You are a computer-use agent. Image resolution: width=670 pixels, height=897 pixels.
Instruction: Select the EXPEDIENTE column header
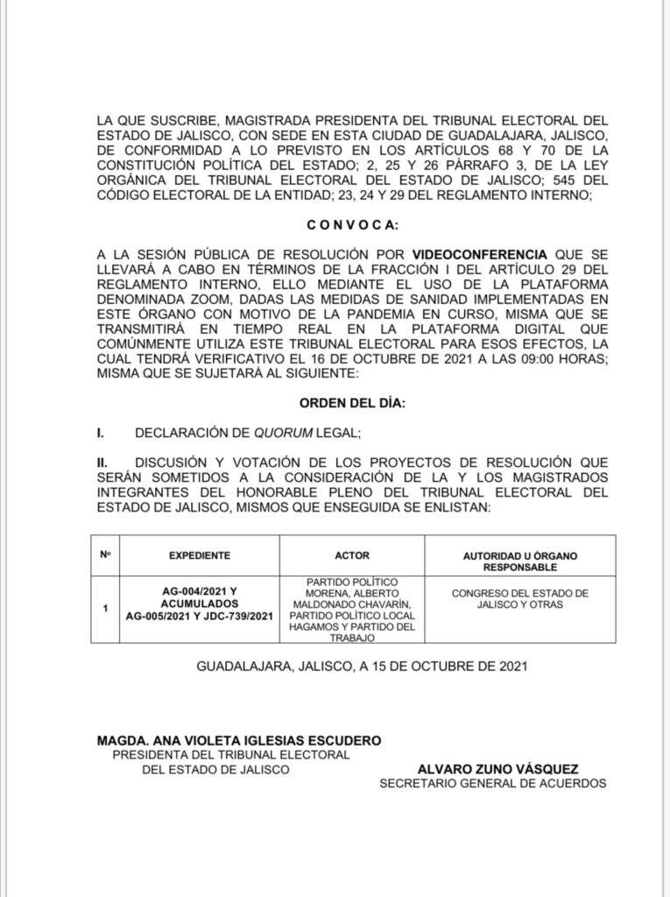199,555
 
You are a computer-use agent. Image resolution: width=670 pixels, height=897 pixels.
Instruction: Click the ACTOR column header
352,555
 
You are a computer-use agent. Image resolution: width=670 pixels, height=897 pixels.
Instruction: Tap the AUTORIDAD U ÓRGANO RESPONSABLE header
520,562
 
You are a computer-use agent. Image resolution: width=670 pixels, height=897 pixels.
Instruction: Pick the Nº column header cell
105,555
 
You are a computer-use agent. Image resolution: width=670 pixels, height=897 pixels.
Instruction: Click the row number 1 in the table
105,608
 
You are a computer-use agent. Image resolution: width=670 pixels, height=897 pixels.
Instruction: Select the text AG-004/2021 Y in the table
200,591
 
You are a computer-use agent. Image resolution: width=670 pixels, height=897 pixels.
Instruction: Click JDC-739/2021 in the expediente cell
236,618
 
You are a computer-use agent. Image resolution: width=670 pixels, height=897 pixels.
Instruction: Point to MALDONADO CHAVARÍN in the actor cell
352,604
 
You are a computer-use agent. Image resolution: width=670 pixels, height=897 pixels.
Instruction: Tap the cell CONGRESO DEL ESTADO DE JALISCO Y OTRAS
520,599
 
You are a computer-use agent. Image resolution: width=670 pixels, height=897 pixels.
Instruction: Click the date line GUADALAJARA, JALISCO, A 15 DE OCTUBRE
361,667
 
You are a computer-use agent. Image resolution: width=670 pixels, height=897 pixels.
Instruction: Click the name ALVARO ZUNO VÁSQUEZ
497,769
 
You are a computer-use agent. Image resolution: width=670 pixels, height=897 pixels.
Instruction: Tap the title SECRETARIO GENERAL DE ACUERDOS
492,784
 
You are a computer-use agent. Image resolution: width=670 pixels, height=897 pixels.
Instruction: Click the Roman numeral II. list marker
102,463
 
